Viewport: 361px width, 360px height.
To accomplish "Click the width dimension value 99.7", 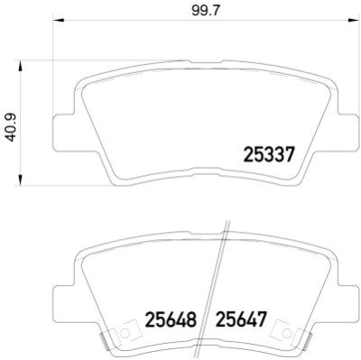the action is coord(206,11).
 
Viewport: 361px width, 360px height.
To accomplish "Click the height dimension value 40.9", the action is coord(12,127).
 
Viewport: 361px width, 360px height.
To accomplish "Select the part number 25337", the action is coord(268,154).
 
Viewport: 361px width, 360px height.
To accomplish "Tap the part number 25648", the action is coord(171,319).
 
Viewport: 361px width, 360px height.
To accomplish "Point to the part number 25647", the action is coord(241,319).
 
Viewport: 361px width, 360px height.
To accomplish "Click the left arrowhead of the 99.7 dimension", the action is coord(59,20).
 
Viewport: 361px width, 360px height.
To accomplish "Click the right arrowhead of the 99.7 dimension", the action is coord(350,20).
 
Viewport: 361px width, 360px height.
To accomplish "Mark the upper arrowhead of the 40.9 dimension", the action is coord(21,66).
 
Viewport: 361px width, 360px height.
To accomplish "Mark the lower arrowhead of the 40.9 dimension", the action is coord(21,180).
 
